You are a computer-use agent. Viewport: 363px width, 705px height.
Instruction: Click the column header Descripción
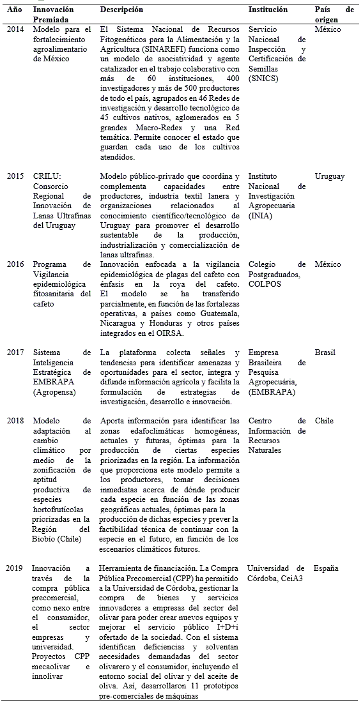121,10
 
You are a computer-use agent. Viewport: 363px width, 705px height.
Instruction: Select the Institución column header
268,10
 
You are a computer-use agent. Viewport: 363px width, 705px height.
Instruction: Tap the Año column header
15,10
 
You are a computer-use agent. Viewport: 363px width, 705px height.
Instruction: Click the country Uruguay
329,176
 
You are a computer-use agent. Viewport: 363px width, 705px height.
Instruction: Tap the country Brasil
325,352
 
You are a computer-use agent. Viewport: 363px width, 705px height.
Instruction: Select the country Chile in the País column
324,421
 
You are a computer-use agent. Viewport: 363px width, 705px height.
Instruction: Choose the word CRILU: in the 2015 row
47,176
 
